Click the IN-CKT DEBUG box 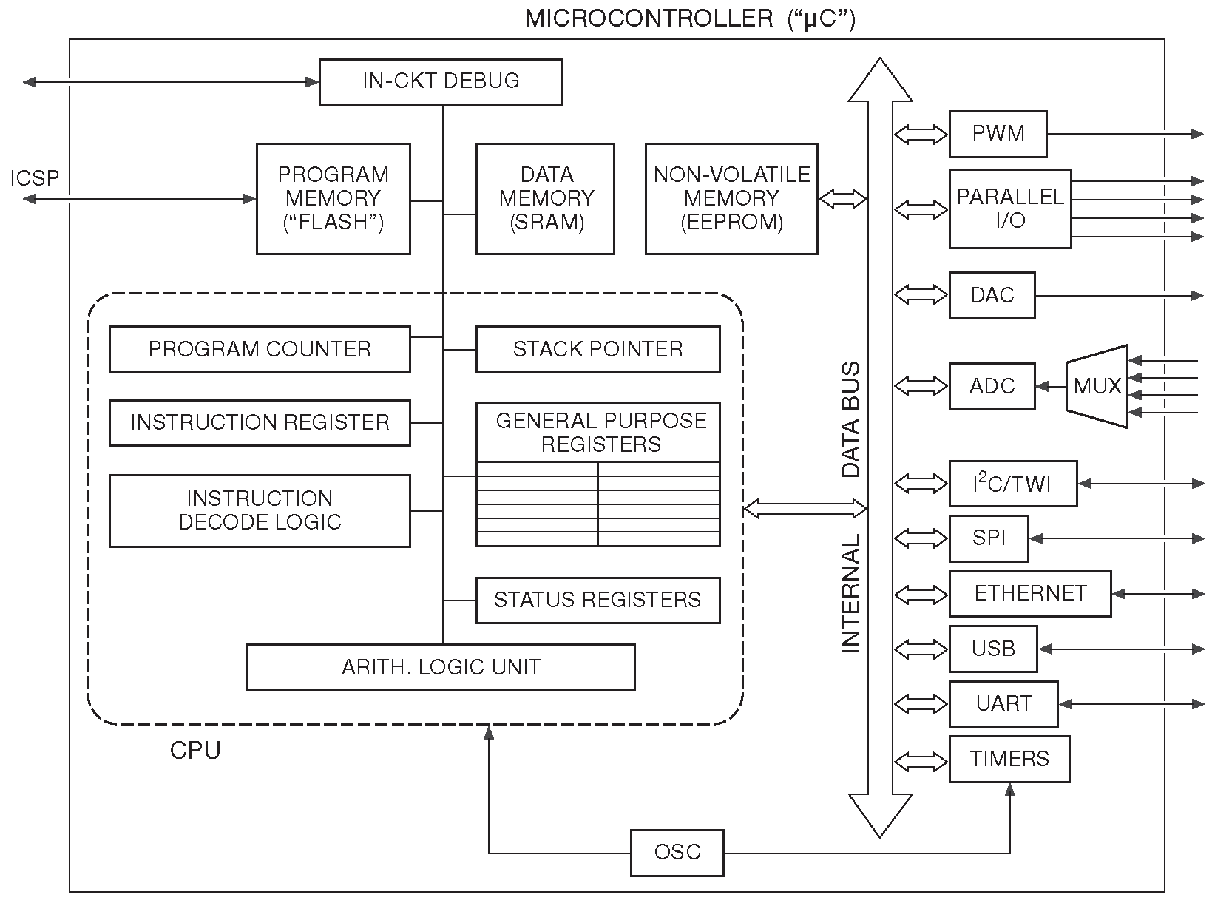[440, 81]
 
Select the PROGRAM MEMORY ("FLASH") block [333, 198]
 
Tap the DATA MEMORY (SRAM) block [545, 198]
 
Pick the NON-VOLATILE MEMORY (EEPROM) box [731, 198]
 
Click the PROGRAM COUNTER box [260, 349]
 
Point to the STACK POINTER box [597, 349]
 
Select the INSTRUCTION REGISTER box [260, 422]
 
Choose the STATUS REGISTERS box [597, 599]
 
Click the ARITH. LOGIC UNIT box [440, 667]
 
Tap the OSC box [677, 852]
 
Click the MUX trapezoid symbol [1097, 386]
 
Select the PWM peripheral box [998, 134]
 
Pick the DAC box [992, 295]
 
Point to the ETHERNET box [1029, 593]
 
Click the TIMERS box [1009, 759]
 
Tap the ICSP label [34, 178]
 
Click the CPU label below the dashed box [195, 751]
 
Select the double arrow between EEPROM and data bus [843, 198]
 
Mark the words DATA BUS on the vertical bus [852, 419]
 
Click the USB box [993, 649]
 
